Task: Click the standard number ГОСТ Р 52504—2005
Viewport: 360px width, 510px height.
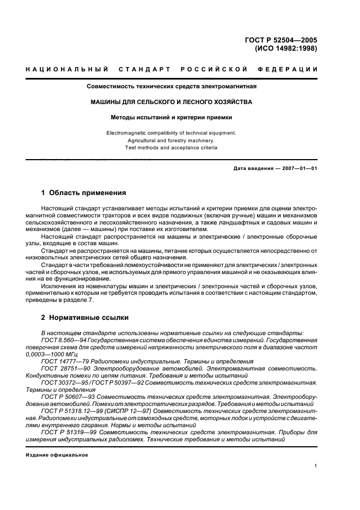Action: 283,39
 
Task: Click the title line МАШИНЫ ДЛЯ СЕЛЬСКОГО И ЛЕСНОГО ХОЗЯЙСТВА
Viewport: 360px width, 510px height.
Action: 172,101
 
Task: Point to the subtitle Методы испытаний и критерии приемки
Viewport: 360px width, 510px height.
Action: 172,117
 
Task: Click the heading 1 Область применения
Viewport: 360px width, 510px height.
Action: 84,193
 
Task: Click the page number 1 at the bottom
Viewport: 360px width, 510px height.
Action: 315,466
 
